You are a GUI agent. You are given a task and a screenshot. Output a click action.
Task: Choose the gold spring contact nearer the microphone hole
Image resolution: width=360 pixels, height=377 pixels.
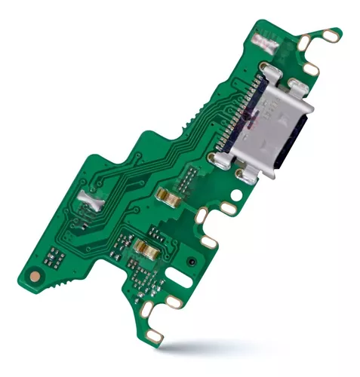pyautogui.click(x=145, y=248)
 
